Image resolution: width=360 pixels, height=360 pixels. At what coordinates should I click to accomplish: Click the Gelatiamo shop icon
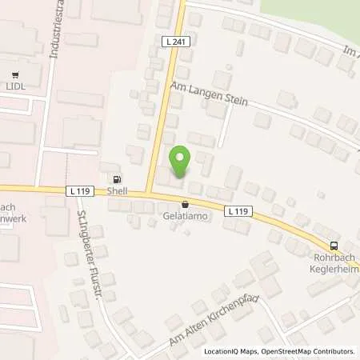[186, 205]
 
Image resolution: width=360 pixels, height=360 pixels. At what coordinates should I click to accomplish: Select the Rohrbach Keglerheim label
[334, 263]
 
